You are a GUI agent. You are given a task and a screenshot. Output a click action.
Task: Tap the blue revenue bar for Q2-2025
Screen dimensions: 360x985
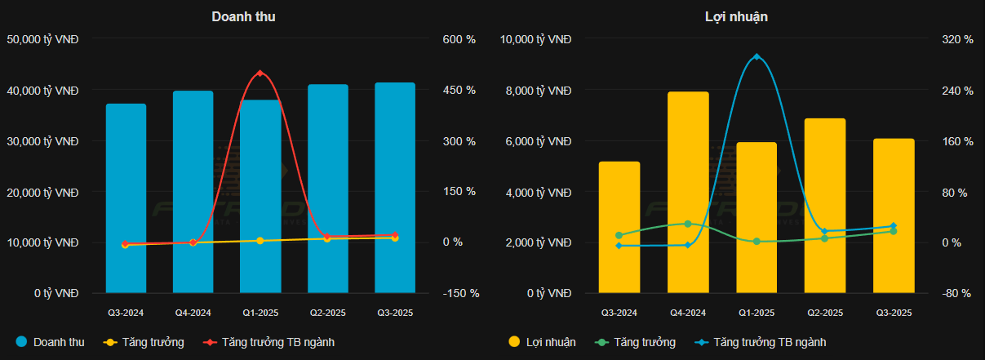coord(328,189)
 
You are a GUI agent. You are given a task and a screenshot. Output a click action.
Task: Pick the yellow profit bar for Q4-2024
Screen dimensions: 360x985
coord(688,192)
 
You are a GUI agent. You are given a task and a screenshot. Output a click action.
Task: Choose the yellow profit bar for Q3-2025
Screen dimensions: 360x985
coord(894,216)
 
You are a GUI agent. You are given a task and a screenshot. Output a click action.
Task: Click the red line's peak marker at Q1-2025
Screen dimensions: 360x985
coord(260,73)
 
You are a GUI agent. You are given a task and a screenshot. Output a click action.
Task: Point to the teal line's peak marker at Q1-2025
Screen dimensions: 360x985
coord(756,56)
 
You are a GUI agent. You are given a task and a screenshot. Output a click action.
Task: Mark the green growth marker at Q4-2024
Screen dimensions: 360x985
coord(688,224)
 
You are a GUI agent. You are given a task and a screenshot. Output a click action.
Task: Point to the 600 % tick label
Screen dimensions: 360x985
coord(459,39)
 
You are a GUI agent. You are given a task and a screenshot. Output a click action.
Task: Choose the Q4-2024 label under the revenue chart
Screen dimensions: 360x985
coord(193,313)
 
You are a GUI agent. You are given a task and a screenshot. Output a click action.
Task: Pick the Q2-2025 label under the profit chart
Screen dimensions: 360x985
coord(825,313)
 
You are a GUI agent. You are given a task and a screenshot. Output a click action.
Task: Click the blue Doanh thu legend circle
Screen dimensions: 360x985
coord(21,342)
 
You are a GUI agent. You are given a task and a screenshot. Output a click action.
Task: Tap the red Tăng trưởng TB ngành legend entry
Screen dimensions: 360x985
coord(269,342)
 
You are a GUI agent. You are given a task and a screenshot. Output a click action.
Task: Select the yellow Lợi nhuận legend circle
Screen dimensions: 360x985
coord(514,342)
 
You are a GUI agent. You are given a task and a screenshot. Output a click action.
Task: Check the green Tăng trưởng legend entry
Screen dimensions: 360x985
coord(637,342)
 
